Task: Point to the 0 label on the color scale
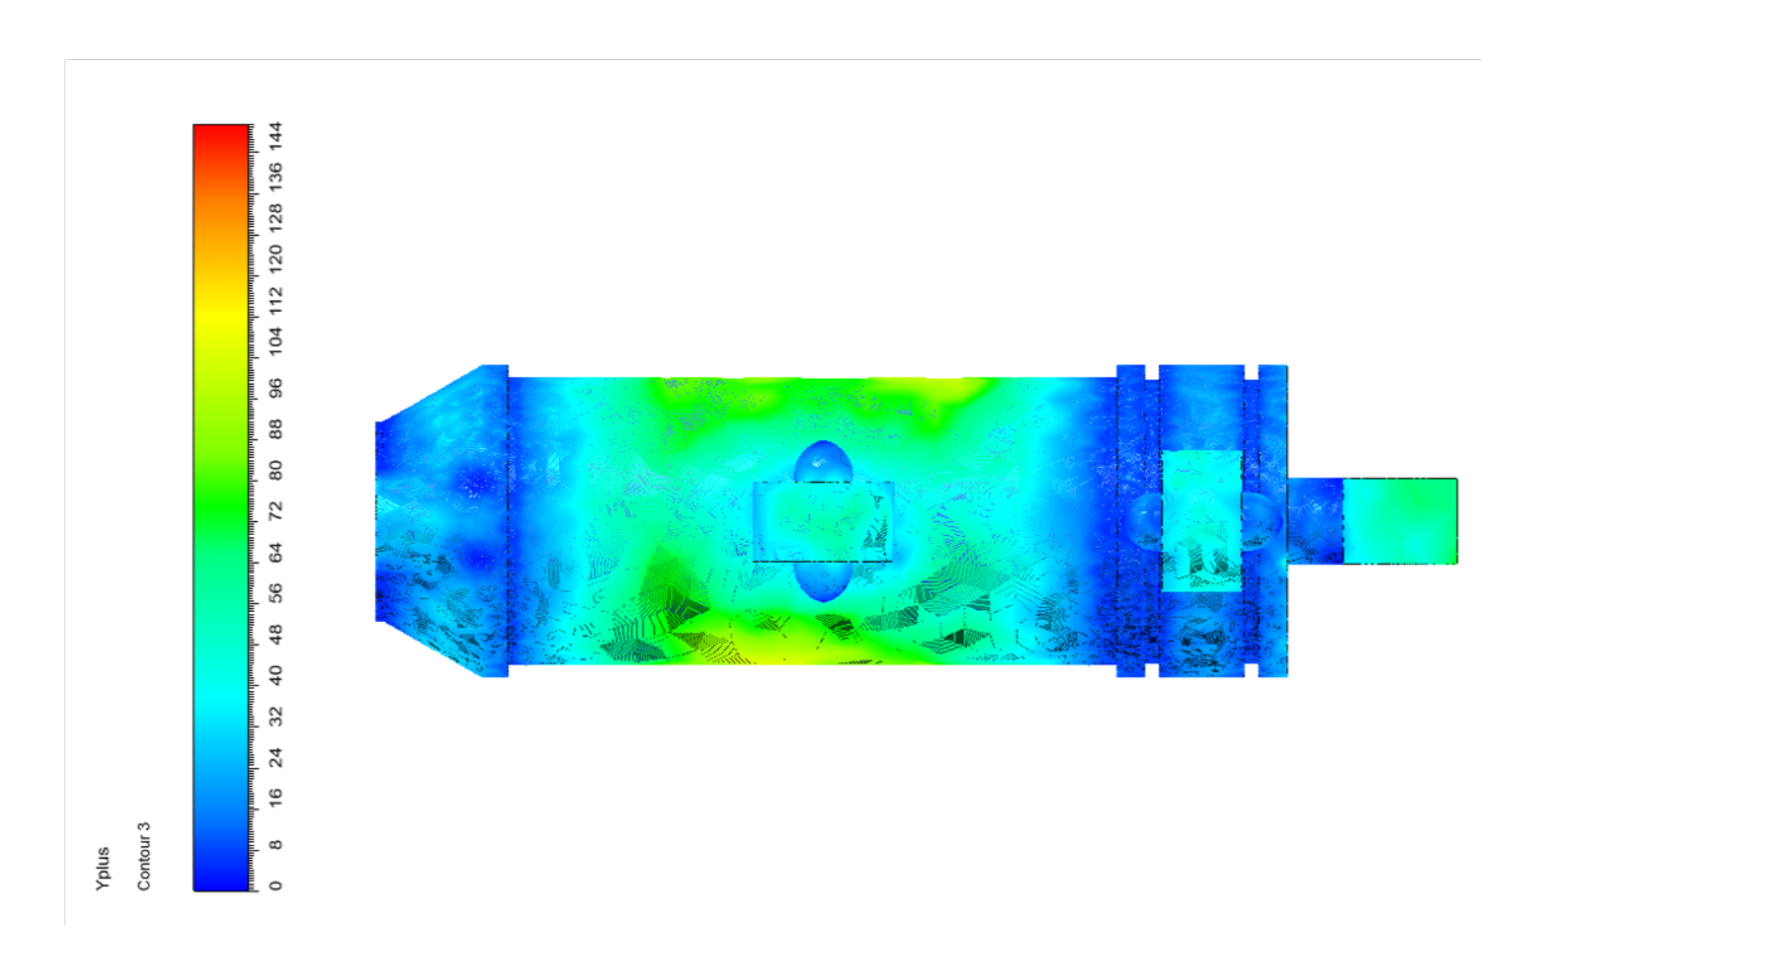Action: [276, 885]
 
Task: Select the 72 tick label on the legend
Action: [276, 511]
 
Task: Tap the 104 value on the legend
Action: [276, 340]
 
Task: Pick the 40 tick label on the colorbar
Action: [276, 675]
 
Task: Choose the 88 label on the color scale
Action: [276, 429]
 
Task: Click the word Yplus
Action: [102, 868]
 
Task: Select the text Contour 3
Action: [144, 856]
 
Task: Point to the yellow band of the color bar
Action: [221, 321]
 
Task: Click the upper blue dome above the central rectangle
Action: [823, 462]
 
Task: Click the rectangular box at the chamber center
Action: [823, 522]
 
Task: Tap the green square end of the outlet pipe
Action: [1400, 521]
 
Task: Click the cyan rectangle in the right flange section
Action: [1201, 520]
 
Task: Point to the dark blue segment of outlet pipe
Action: [1315, 521]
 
